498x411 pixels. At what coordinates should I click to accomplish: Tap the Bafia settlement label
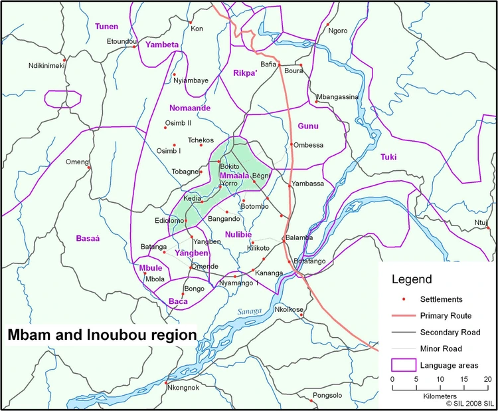268,65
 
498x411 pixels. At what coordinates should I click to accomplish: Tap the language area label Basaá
87,237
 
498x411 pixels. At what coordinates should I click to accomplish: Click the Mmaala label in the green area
234,176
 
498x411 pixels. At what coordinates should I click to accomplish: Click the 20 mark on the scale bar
487,379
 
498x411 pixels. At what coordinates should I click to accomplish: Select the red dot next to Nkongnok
165,383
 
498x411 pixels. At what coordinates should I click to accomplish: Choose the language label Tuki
388,157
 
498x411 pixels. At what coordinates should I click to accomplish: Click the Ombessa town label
308,145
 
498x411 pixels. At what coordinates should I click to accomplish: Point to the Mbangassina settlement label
337,96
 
